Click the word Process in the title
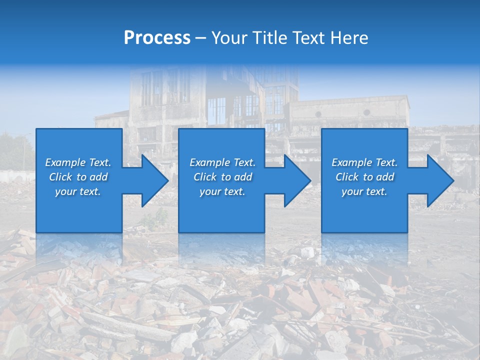coord(157,38)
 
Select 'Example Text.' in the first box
coord(78,162)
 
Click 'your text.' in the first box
coord(78,191)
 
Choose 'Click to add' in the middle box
coord(222,177)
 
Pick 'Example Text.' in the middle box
coord(222,162)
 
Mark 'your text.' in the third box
coord(364,191)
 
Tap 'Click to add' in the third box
coord(364,177)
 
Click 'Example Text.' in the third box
coord(364,162)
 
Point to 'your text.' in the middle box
coord(222,191)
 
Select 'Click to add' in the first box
coord(78,177)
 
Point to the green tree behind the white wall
coord(15,150)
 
